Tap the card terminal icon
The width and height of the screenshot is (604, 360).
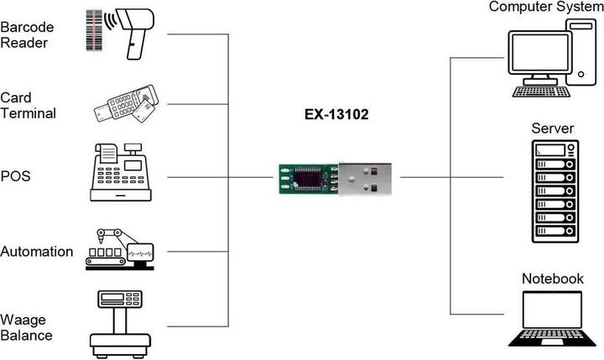pos(126,105)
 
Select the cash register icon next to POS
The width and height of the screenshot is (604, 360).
pos(122,172)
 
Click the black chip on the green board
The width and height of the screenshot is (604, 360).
pos(310,179)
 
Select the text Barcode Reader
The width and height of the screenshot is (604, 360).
pos(24,35)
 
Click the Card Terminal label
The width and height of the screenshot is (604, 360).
pos(28,106)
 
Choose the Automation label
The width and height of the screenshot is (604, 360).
pos(37,252)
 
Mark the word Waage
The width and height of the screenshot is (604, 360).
pos(23,319)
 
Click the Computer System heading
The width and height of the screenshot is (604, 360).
pos(546,8)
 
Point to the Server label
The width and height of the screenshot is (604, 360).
pos(552,128)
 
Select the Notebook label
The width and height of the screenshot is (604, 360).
pos(552,279)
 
